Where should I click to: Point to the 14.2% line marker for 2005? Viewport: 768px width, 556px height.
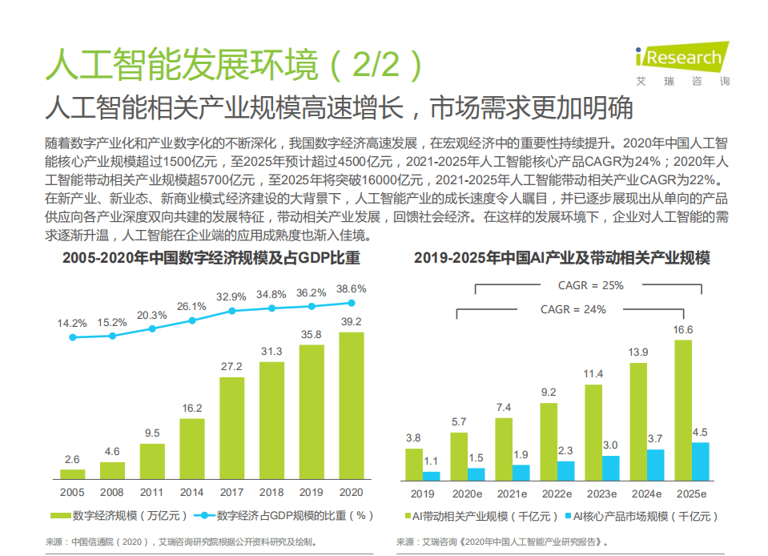pyautogui.click(x=73, y=337)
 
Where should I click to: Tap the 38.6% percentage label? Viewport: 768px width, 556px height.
pyautogui.click(x=352, y=288)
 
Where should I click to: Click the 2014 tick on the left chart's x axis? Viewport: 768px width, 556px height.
pyautogui.click(x=192, y=493)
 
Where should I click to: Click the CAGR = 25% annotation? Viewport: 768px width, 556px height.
pyautogui.click(x=590, y=285)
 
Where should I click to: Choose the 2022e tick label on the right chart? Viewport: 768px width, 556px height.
pyautogui.click(x=557, y=493)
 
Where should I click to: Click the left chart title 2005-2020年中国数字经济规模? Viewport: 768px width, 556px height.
pyautogui.click(x=211, y=259)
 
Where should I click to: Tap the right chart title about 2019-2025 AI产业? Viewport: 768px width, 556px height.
pyautogui.click(x=561, y=259)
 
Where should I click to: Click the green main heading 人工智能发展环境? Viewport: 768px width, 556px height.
pyautogui.click(x=232, y=64)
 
